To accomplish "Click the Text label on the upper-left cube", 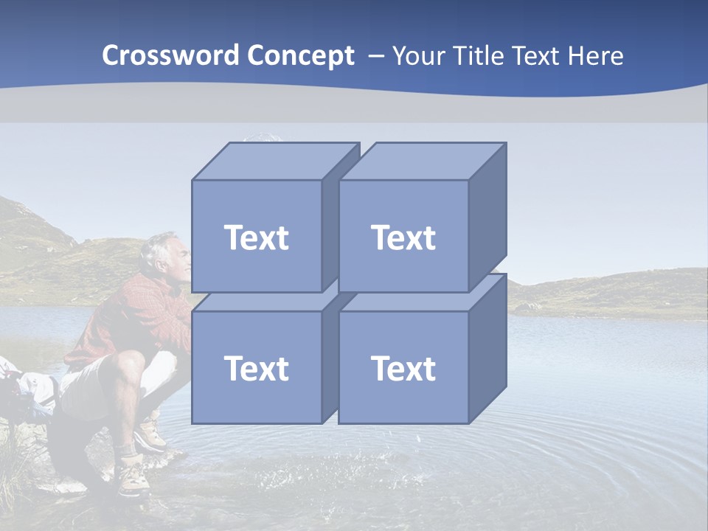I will coord(256,237).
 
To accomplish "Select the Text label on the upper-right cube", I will coord(403,237).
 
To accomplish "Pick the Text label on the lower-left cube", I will coord(256,368).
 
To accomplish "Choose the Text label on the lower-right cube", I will coord(403,368).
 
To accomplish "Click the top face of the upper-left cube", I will coord(274,161).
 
